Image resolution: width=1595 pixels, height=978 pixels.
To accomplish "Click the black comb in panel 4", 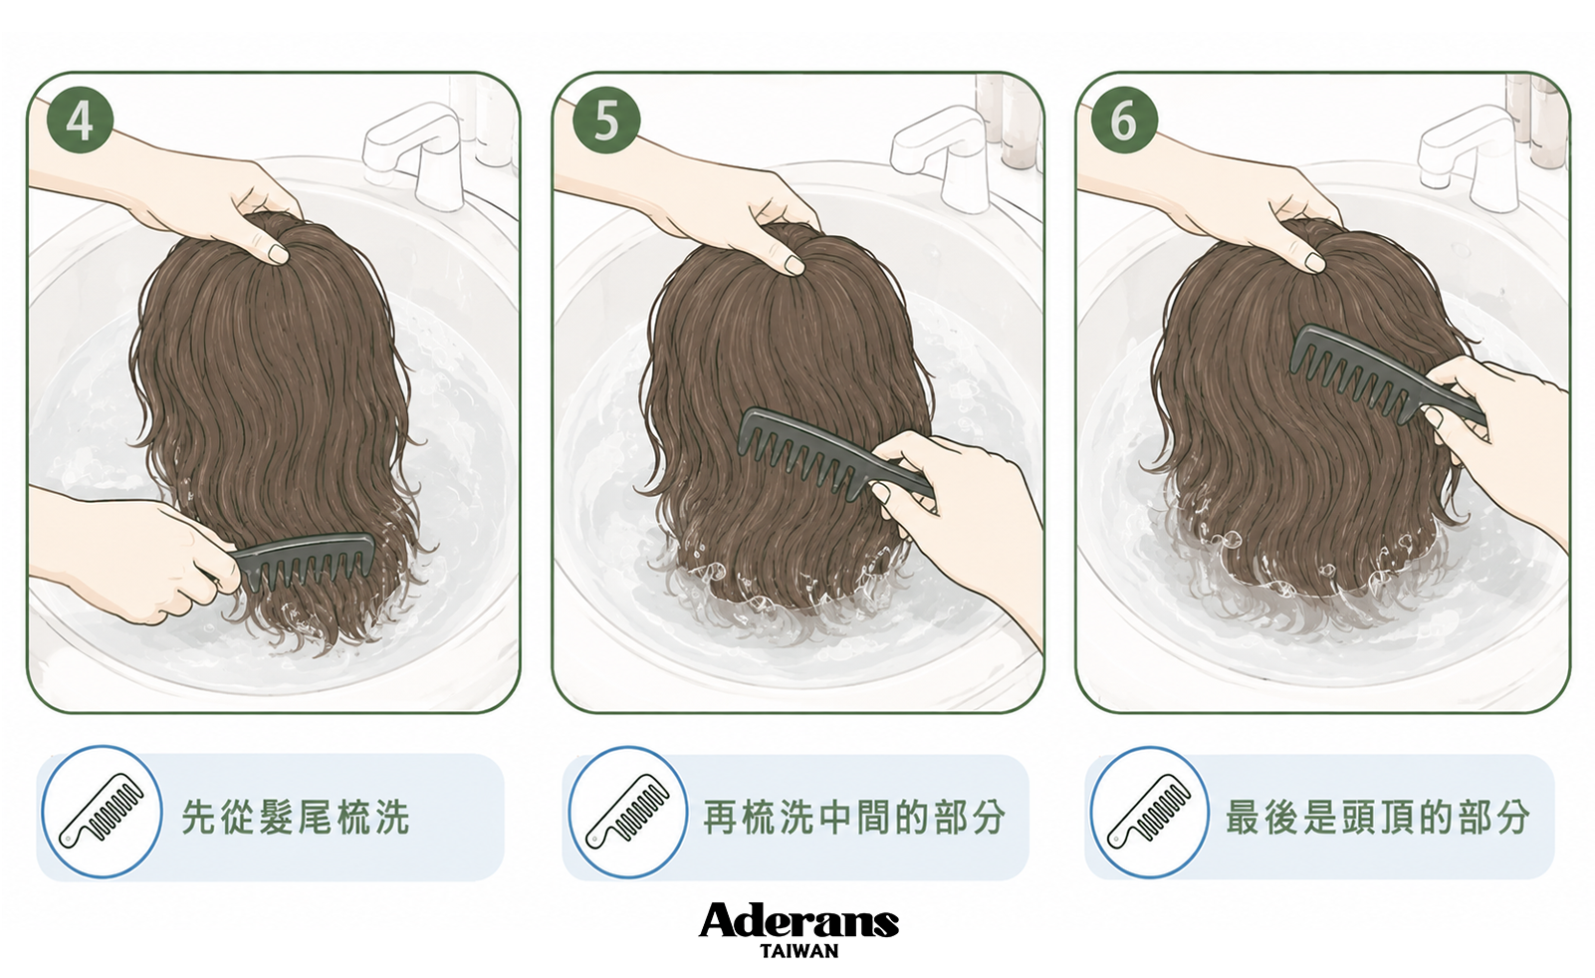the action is pyautogui.click(x=303, y=559).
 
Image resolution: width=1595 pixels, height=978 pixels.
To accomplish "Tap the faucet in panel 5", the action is pyautogui.click(x=941, y=160).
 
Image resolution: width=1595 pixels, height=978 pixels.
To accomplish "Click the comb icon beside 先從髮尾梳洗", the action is pyautogui.click(x=102, y=812).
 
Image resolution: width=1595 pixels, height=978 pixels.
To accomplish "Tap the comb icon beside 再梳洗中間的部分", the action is pyautogui.click(x=628, y=812).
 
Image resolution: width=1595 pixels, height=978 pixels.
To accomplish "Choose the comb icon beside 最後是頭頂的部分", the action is pyautogui.click(x=1149, y=812).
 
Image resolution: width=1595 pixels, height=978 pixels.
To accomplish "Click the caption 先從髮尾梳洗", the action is pyautogui.click(x=296, y=817).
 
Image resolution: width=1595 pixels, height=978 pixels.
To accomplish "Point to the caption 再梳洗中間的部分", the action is pyautogui.click(x=854, y=817).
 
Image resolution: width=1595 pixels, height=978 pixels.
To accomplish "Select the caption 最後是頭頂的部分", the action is pyautogui.click(x=1377, y=817).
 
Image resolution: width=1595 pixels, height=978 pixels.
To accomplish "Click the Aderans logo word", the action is pyautogui.click(x=798, y=921).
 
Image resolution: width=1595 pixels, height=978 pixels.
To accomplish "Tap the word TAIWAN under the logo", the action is pyautogui.click(x=798, y=951).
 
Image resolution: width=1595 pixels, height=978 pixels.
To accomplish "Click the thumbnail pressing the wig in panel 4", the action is pyautogui.click(x=276, y=253).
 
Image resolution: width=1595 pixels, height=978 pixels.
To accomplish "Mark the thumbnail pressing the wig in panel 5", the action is pyautogui.click(x=794, y=265).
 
